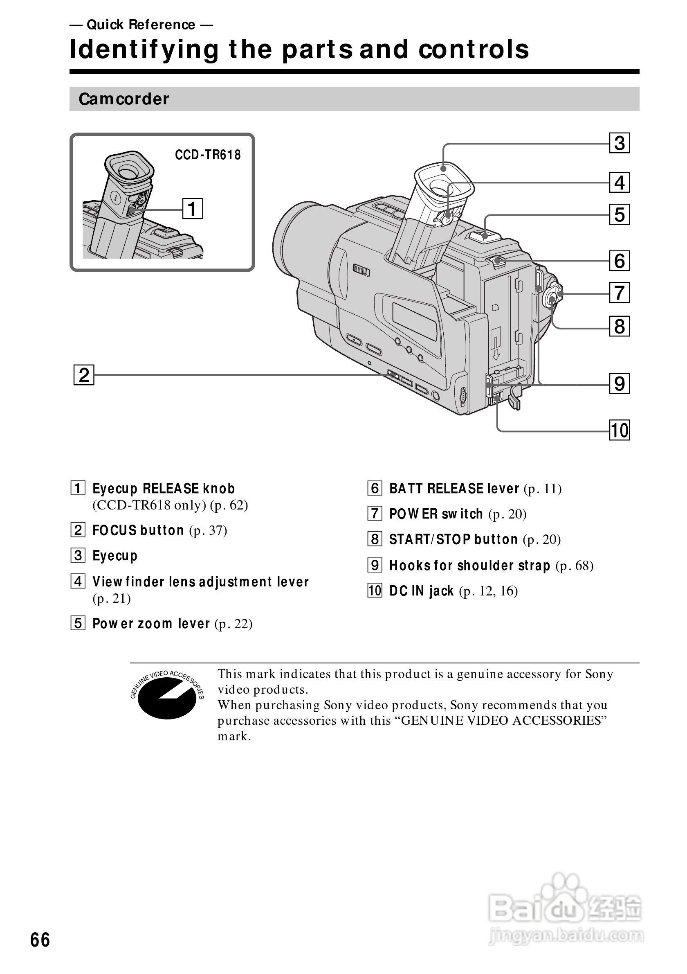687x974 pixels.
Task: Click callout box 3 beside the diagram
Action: pos(619,143)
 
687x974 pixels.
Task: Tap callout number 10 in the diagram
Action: pos(619,430)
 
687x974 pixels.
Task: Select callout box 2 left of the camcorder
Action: pos(84,375)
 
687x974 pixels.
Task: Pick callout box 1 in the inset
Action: pos(193,209)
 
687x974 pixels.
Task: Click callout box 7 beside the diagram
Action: pos(619,293)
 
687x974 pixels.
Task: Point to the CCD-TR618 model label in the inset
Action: pos(208,155)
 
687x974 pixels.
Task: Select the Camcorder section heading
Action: pos(124,99)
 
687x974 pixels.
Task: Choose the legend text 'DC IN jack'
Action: pos(421,591)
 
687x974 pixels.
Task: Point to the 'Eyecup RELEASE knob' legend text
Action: pos(164,489)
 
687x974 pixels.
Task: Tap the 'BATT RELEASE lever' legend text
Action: pos(454,489)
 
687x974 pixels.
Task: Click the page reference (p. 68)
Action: pos(574,566)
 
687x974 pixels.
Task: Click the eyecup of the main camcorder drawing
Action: pos(443,180)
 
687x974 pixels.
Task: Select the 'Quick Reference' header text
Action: pos(141,25)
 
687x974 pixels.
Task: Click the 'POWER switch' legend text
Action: pos(436,514)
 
